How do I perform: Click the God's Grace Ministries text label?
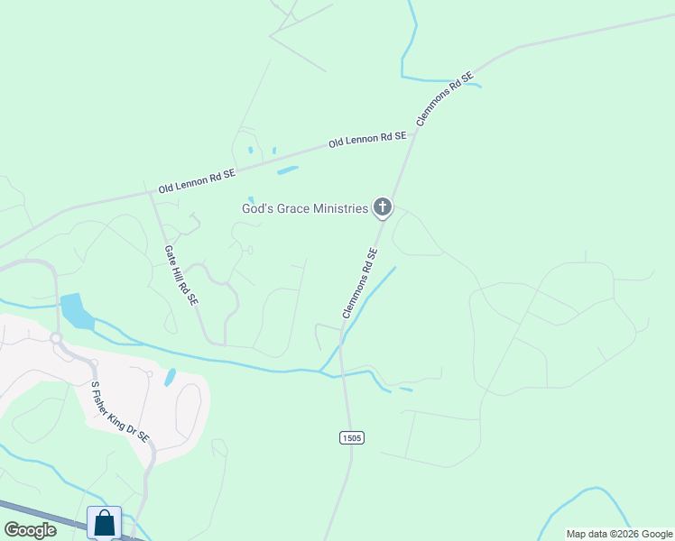pyautogui.click(x=304, y=208)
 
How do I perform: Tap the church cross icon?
pyautogui.click(x=383, y=208)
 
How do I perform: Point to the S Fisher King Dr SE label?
pyautogui.click(x=120, y=411)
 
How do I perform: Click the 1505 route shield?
pyautogui.click(x=352, y=438)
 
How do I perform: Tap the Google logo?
pyautogui.click(x=30, y=530)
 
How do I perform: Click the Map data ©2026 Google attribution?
pyautogui.click(x=620, y=534)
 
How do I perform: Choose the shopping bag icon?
pyautogui.click(x=104, y=523)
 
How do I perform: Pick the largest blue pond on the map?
pyautogui.click(x=76, y=310)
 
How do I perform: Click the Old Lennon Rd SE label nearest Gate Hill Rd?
pyautogui.click(x=197, y=181)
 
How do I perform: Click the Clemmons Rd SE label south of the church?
pyautogui.click(x=360, y=283)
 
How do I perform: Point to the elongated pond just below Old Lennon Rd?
pyautogui.click(x=287, y=170)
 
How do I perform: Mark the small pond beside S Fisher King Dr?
pyautogui.click(x=170, y=377)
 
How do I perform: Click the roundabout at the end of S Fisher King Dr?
pyautogui.click(x=56, y=338)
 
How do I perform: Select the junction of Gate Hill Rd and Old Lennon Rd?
pyautogui.click(x=150, y=190)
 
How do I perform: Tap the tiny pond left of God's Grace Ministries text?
pyautogui.click(x=251, y=200)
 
